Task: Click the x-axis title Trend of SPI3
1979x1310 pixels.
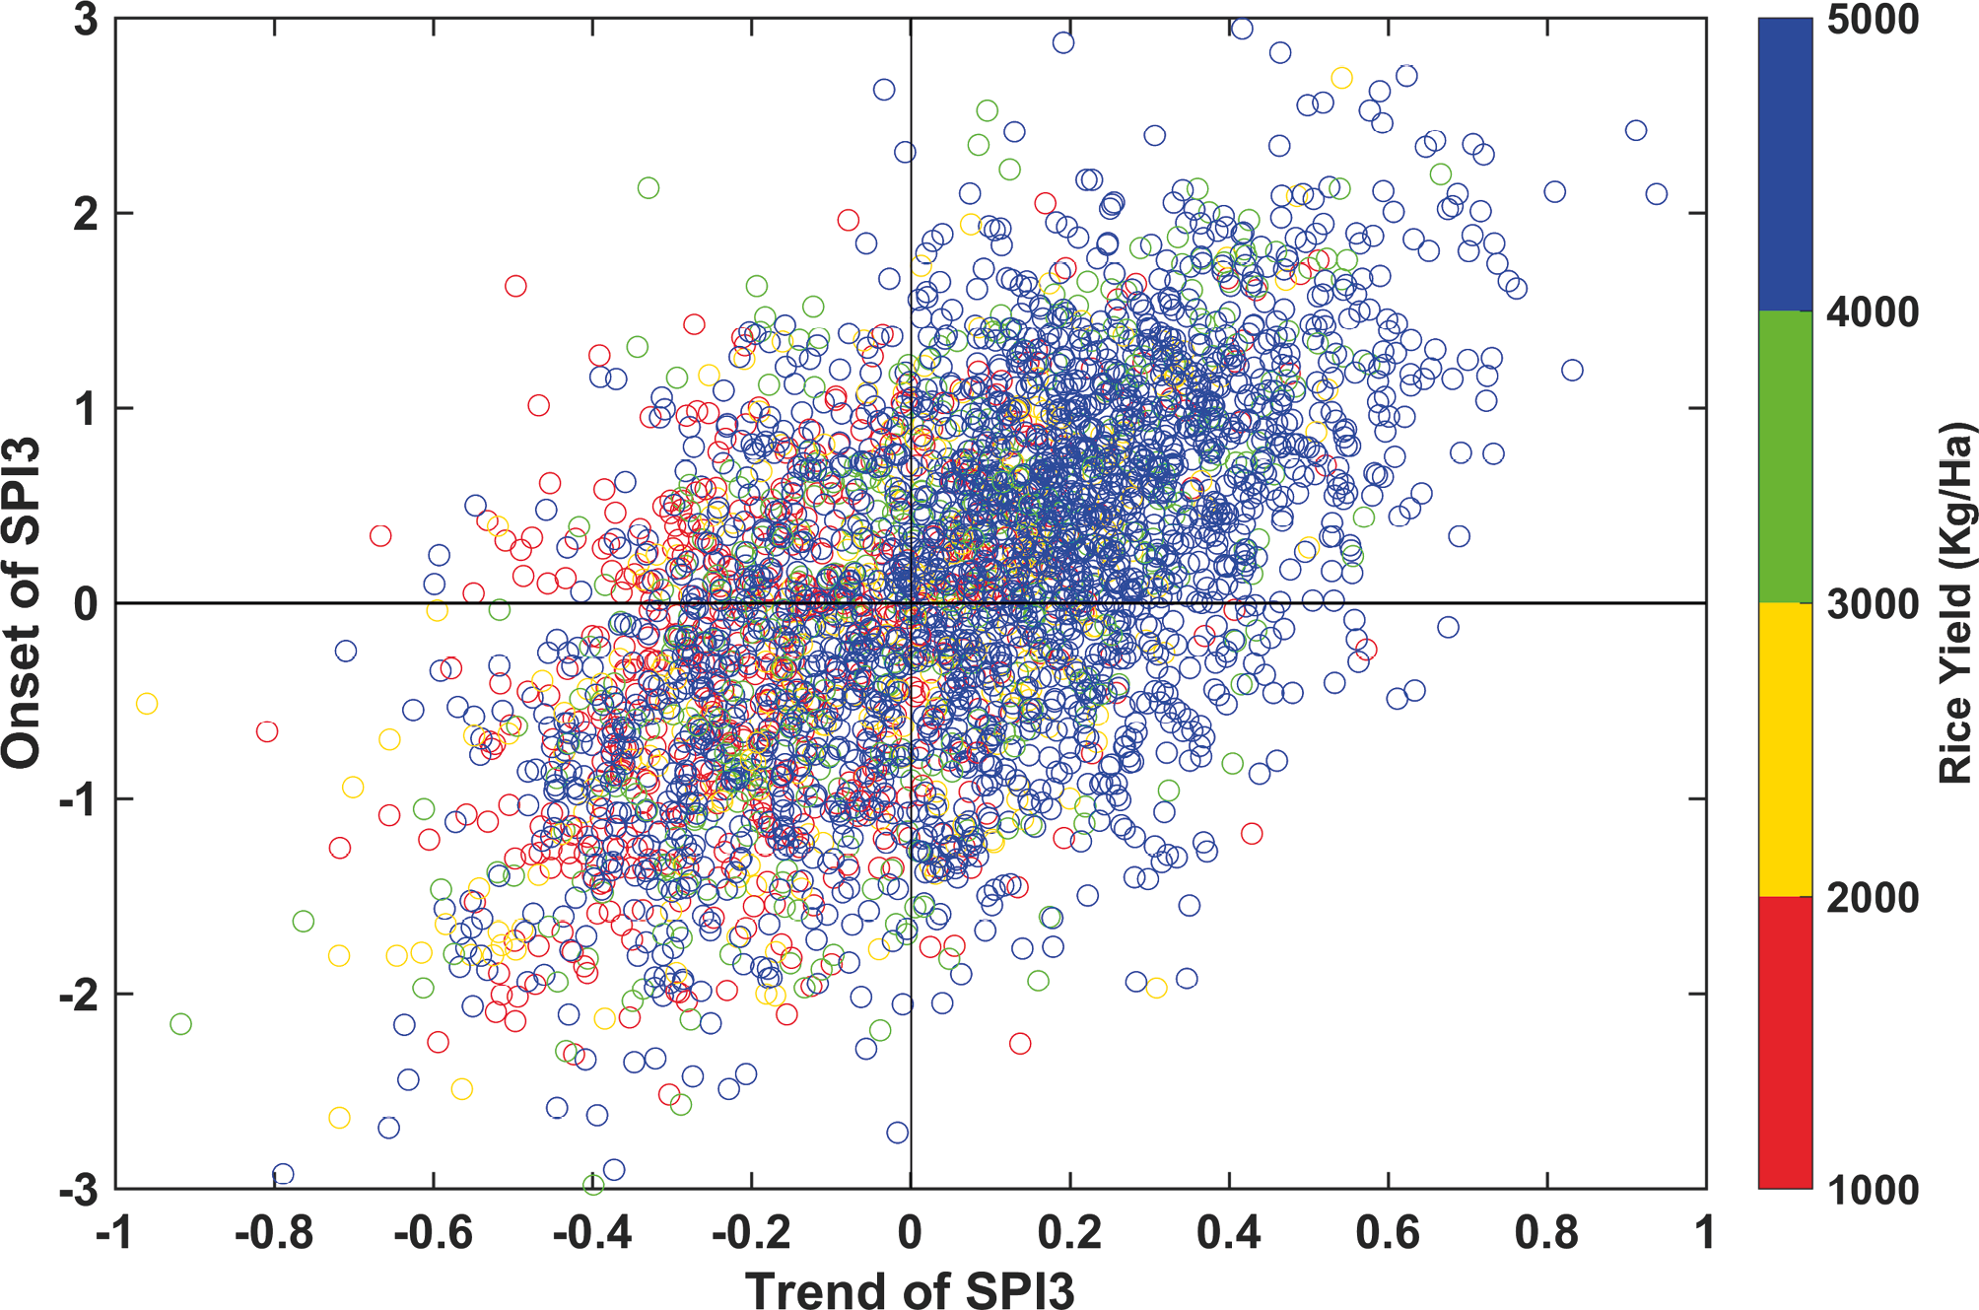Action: coord(909,1288)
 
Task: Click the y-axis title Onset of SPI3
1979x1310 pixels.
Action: coord(22,602)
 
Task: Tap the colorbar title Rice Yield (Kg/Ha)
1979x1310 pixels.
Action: coord(1954,602)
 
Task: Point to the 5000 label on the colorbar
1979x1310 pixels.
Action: coord(1873,21)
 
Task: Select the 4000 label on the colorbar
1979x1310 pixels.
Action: coord(1873,312)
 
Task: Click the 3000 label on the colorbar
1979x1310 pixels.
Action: coord(1873,604)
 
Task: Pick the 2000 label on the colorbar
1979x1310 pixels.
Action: coord(1873,897)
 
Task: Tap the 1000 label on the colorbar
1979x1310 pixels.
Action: coord(1873,1190)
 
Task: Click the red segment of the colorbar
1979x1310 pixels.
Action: coord(1785,1042)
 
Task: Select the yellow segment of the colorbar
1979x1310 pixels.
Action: coord(1785,749)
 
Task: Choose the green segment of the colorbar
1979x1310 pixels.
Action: coord(1785,457)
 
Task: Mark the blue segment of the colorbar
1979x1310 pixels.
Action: coord(1785,165)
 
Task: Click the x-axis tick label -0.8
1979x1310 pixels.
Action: coord(274,1233)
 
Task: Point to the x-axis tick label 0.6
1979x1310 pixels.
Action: coord(1388,1233)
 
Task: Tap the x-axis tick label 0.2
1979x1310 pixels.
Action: coord(1069,1233)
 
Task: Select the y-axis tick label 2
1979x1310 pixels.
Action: coord(87,214)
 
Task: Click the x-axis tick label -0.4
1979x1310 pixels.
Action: coord(591,1233)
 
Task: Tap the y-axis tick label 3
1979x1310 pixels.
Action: coord(87,21)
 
